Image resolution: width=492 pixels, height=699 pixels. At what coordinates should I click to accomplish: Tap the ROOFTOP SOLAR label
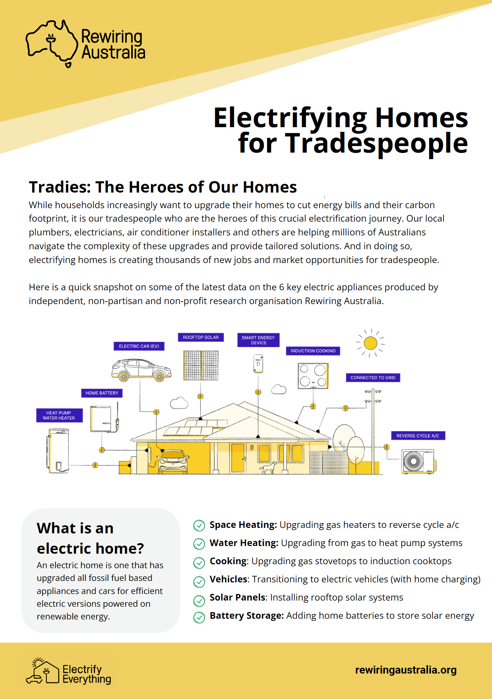tap(201, 337)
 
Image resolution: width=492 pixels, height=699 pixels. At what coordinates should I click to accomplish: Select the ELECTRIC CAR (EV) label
tap(139, 346)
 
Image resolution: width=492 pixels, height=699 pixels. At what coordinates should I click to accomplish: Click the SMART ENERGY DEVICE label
tap(258, 340)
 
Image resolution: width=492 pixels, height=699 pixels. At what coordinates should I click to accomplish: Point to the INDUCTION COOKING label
tap(313, 351)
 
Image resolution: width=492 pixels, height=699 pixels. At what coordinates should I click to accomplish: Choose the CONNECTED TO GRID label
tap(373, 378)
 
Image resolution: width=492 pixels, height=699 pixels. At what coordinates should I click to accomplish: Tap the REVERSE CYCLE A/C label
tap(418, 436)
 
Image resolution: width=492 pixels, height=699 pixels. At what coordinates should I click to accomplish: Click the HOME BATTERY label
tap(102, 393)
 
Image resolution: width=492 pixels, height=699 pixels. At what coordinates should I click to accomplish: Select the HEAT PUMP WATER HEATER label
tap(59, 415)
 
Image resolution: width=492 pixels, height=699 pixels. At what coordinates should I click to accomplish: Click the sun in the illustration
tap(370, 343)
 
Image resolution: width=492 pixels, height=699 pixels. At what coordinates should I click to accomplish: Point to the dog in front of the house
tap(268, 468)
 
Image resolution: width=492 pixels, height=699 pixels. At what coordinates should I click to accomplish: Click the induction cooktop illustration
tap(313, 376)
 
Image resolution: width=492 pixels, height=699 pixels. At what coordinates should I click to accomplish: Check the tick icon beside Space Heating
tap(199, 525)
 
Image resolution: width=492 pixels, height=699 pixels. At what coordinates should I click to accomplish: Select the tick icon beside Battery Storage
tap(199, 617)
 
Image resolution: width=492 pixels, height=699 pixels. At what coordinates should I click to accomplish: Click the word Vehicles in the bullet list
tap(229, 579)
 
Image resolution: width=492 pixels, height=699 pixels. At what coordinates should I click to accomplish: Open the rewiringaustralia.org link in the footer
tap(406, 670)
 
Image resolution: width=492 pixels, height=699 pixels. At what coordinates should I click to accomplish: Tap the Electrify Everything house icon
tap(43, 671)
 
